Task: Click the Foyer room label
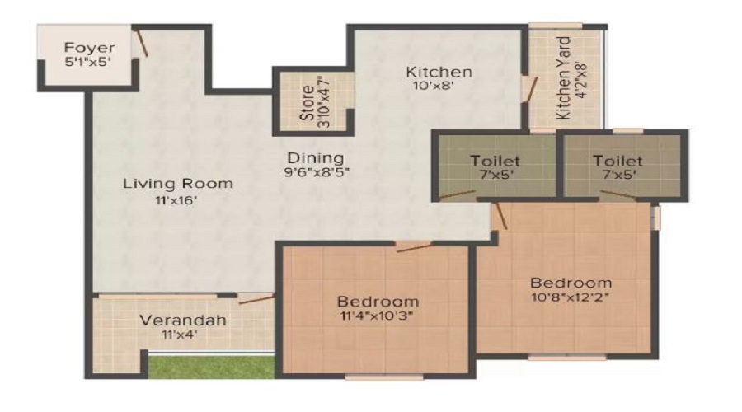89,47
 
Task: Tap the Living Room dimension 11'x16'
176,200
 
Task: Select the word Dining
316,157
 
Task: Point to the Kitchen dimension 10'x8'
434,86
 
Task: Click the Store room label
308,103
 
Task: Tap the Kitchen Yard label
563,78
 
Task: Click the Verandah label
183,321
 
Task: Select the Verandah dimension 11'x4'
180,335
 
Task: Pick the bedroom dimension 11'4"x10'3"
377,316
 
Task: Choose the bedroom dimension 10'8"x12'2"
571,297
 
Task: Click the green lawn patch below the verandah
212,367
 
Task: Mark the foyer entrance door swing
140,43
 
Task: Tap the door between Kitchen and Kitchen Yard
530,89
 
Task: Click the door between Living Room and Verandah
256,299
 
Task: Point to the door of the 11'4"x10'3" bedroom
414,247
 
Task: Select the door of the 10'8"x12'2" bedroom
500,216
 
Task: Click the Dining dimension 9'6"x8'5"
317,172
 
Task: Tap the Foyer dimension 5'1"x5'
87,62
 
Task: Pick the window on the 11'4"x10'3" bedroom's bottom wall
384,377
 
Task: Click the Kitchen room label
439,72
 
